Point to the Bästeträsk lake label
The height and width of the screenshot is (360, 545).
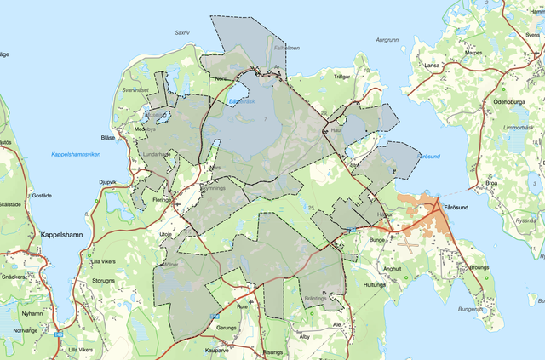(x=243, y=100)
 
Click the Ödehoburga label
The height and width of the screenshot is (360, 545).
(x=512, y=100)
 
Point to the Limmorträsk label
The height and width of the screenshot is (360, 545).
(x=518, y=127)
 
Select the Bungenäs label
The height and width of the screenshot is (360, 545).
(x=471, y=309)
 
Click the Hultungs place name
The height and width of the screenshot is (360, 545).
(x=376, y=285)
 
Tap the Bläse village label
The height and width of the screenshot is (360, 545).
(x=107, y=137)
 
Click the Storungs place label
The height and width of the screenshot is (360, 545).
(x=103, y=280)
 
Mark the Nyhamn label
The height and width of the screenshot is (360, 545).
(x=20, y=313)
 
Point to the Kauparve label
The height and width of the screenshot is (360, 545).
(x=218, y=349)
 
